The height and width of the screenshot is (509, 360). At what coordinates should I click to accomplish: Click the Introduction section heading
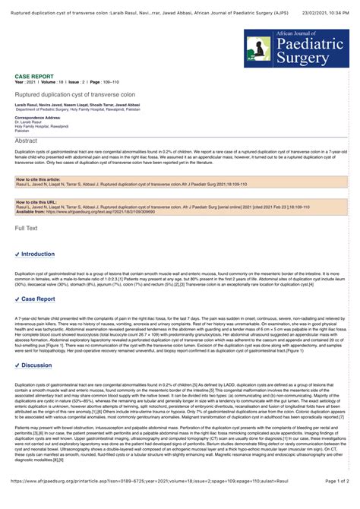click(37, 254)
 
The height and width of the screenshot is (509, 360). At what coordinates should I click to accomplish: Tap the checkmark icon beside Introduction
click(17, 254)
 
